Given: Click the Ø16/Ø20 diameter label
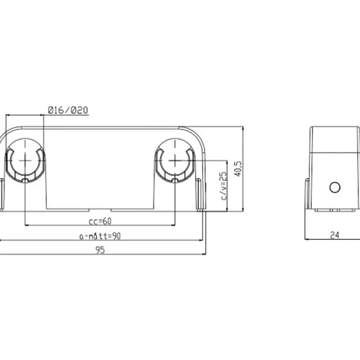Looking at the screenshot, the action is [x=68, y=110].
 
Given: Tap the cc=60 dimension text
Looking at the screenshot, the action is [x=100, y=221].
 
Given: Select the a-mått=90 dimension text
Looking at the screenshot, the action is [x=100, y=236].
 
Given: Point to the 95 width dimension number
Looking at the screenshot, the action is [x=100, y=250].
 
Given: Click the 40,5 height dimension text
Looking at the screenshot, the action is [x=238, y=169].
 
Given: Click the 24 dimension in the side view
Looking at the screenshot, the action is [x=334, y=235].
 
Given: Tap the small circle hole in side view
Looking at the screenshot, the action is [x=335, y=187].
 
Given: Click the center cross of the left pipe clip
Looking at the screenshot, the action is [x=25, y=160].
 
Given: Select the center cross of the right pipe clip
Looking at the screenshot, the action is [x=175, y=160].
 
